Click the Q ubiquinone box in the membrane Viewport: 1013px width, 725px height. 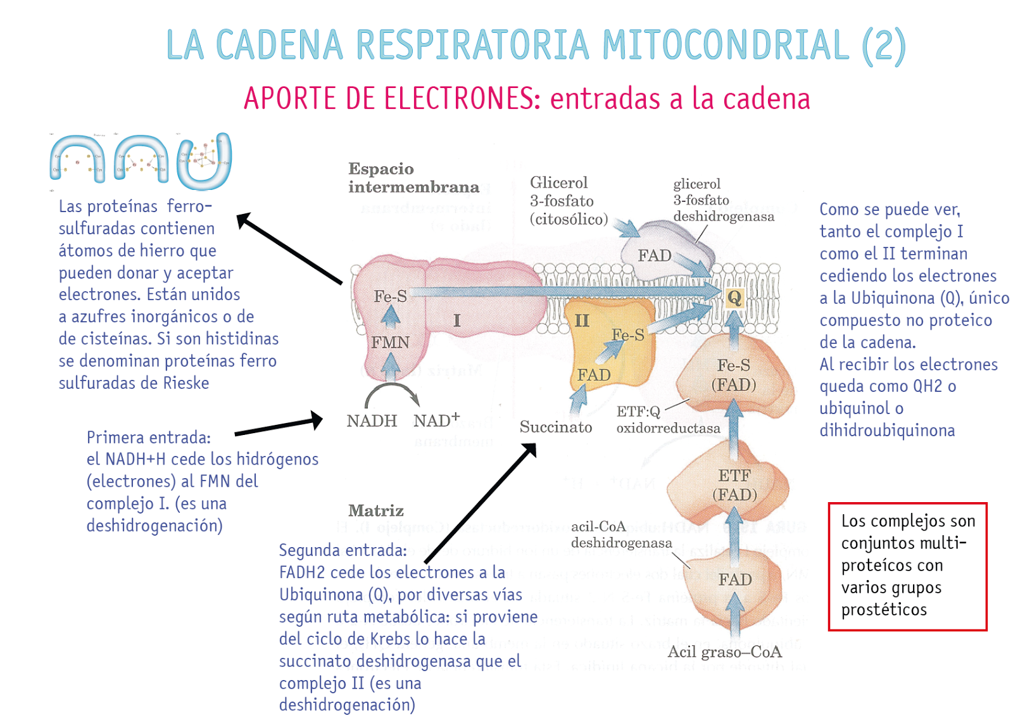(x=734, y=298)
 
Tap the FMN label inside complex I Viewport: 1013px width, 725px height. (x=390, y=343)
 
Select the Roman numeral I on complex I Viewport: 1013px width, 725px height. (x=456, y=320)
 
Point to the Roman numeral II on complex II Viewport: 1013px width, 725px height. (x=581, y=320)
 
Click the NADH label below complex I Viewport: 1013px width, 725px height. (x=372, y=421)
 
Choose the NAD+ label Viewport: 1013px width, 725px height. (x=436, y=420)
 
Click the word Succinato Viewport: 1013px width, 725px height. (x=556, y=427)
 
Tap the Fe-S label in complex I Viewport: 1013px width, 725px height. (x=390, y=296)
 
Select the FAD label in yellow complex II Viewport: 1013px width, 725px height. (x=594, y=375)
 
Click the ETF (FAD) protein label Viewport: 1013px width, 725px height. (x=734, y=485)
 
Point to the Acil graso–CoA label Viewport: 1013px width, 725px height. (x=724, y=652)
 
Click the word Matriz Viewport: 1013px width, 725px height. (x=375, y=510)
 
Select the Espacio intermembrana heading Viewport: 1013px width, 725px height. (x=413, y=178)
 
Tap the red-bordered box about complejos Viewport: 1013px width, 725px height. (x=907, y=566)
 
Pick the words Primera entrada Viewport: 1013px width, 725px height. (x=149, y=438)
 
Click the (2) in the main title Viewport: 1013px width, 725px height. (x=884, y=46)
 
